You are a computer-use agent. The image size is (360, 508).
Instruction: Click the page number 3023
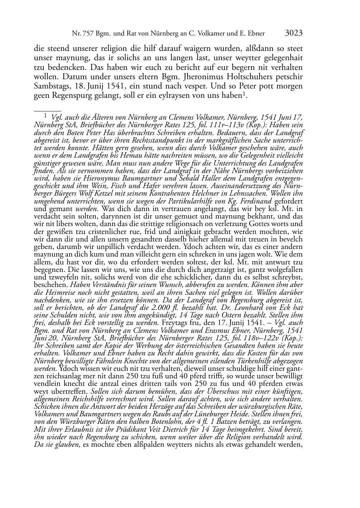click(x=294, y=34)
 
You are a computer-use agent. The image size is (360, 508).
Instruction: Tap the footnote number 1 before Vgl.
click(x=46, y=115)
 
